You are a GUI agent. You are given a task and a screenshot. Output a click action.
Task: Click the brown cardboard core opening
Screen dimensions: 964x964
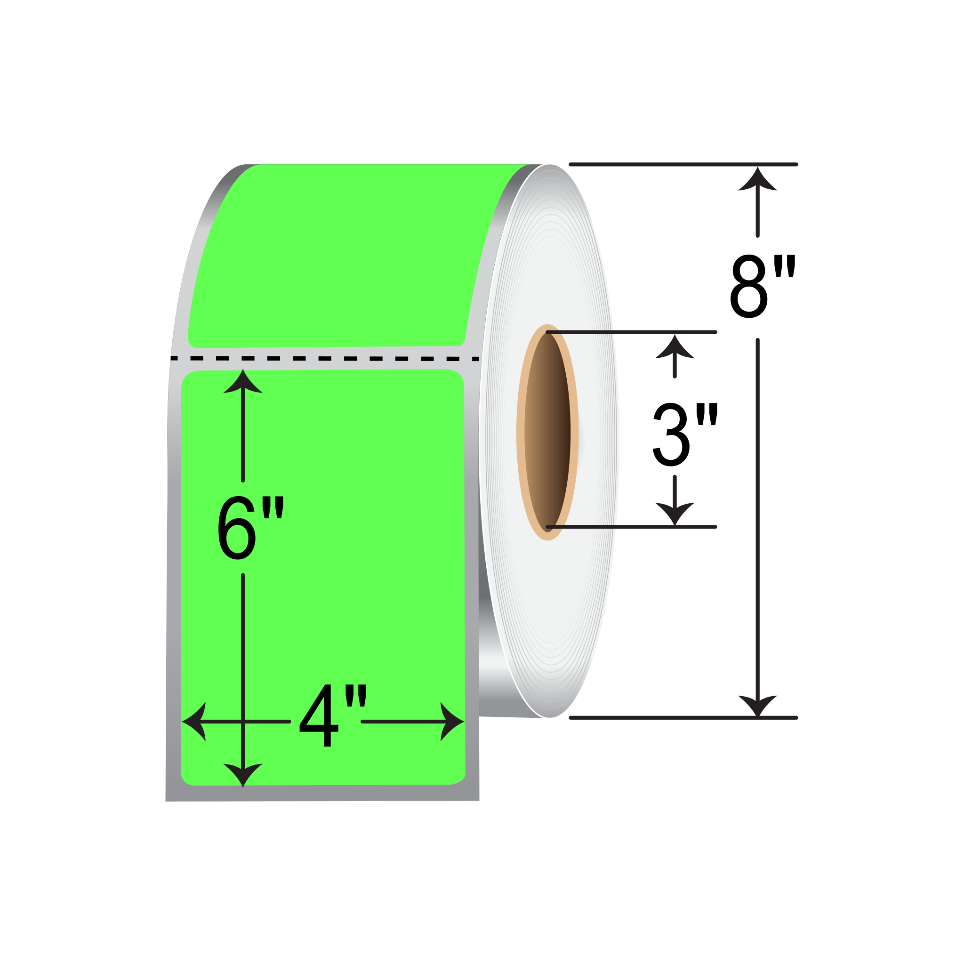(x=547, y=432)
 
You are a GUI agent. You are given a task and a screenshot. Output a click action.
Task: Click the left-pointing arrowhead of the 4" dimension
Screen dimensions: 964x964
(x=194, y=722)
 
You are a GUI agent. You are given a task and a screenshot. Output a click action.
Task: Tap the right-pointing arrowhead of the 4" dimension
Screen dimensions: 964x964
(x=452, y=722)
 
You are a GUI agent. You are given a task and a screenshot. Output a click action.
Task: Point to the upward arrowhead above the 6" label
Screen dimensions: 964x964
(x=243, y=382)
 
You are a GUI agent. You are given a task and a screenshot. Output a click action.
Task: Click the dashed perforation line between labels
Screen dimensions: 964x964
(x=324, y=358)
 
